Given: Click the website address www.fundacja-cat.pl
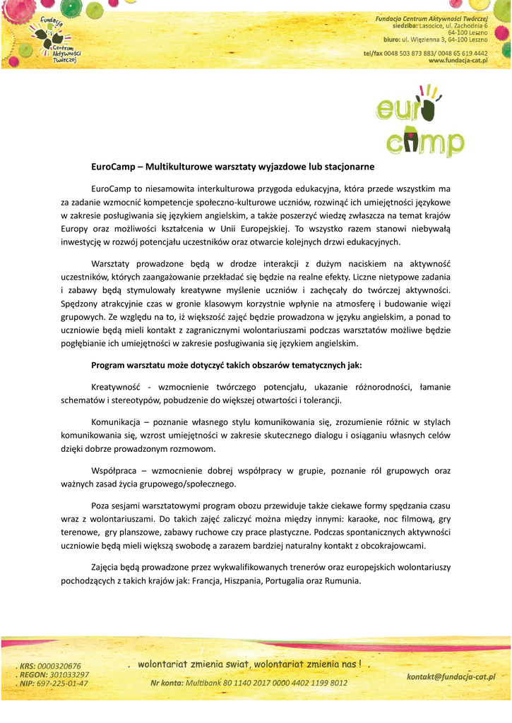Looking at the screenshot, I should pos(458,61).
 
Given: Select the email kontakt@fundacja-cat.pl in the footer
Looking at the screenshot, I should pos(451,676).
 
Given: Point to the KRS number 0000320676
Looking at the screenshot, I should pos(59,666).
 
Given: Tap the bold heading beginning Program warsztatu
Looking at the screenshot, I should pos(227,365).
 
